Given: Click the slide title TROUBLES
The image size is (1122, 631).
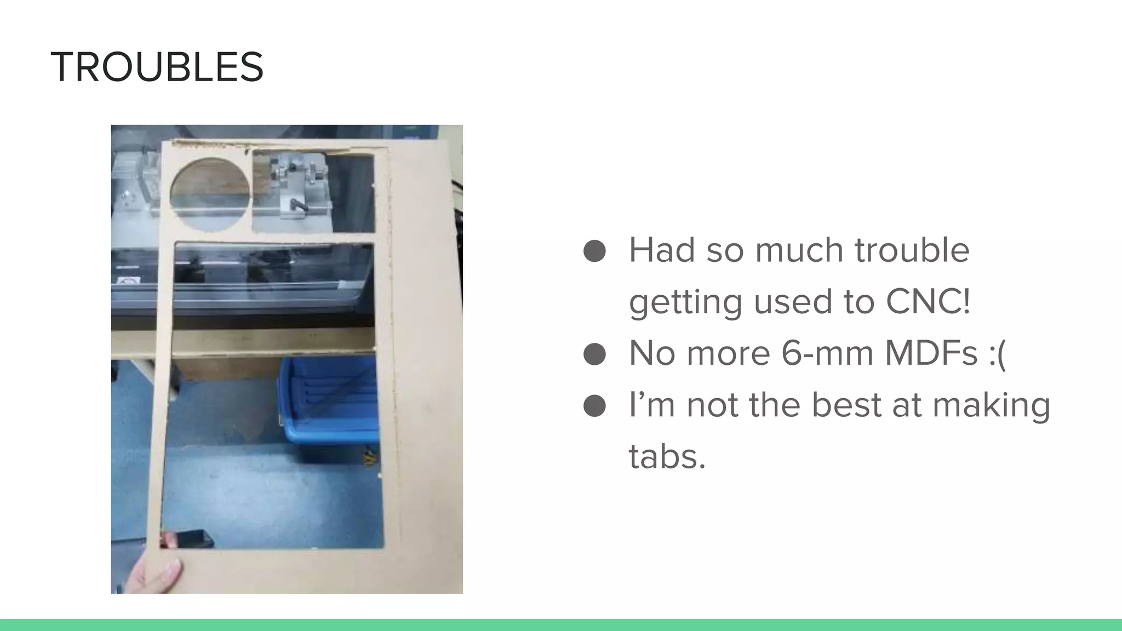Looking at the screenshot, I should [x=157, y=67].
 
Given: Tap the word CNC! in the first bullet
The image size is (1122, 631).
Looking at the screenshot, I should [x=928, y=301].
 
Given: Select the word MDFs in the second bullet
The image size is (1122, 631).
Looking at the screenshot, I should [x=931, y=353].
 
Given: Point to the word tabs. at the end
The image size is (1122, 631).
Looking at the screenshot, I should [x=667, y=456].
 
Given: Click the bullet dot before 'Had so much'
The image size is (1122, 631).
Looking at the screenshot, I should [x=594, y=251].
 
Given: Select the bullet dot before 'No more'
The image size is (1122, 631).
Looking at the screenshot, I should [x=594, y=354].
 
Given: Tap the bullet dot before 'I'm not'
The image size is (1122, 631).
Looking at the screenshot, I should [x=594, y=405].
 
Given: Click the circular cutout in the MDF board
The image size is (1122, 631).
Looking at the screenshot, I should [x=210, y=194].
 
